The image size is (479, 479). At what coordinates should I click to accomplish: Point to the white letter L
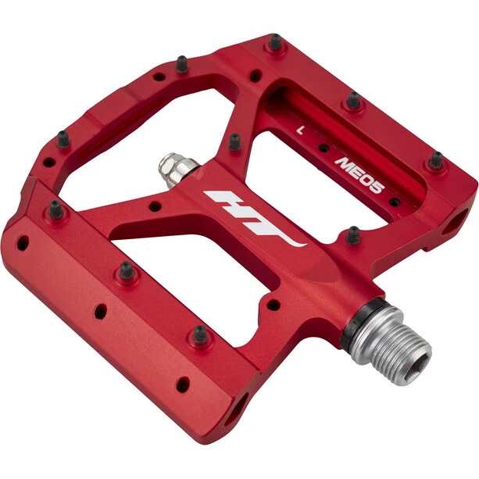pos(301,130)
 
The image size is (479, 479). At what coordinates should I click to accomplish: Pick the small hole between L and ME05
pos(324,148)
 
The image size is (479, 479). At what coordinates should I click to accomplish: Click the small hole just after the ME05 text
pos(395,202)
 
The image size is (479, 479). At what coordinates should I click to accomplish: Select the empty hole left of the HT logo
pos(155,206)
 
